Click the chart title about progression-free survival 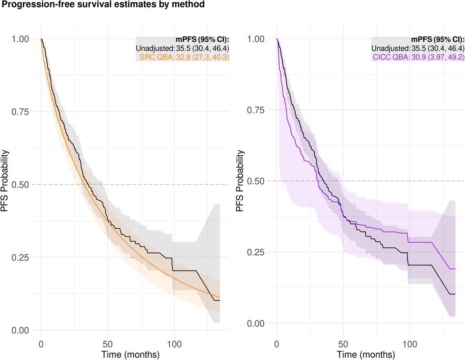103,5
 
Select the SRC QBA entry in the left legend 185,57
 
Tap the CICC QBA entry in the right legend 419,57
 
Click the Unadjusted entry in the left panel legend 182,48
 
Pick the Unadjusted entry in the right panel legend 418,48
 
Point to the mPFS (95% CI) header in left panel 203,40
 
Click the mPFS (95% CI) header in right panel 438,40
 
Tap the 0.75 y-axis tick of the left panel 20,112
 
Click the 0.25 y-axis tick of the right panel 256,252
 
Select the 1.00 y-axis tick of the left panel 20,39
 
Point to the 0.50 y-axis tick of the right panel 256,181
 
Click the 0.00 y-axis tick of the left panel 20,330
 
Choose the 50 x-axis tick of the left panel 108,344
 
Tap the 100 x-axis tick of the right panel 410,344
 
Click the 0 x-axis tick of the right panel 277,344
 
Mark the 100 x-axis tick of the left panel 174,344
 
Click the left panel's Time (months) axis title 131,354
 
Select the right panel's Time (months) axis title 366,354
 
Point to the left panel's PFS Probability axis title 5,181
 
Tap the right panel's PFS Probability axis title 240,181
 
